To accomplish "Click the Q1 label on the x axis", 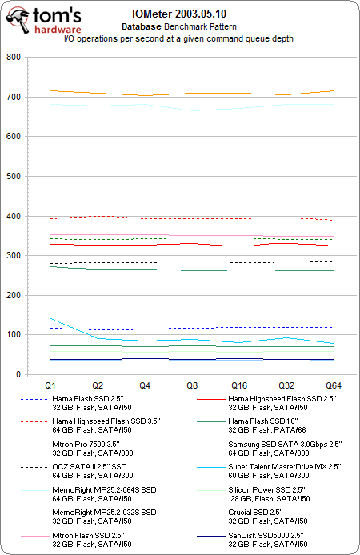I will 50,385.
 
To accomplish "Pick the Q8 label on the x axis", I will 191,385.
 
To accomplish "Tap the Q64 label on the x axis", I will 333,385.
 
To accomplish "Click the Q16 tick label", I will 238,385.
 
